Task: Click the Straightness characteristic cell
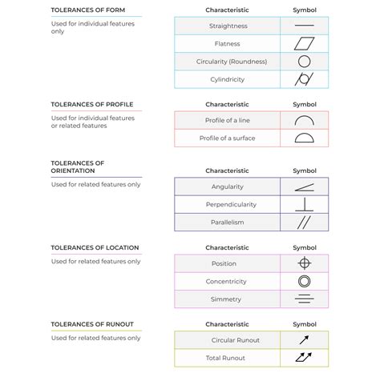click(x=227, y=26)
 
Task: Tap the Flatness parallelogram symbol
click(x=304, y=44)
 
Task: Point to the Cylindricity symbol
click(x=304, y=79)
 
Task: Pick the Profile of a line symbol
click(x=304, y=120)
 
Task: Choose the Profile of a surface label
click(x=227, y=138)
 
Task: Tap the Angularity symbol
click(x=304, y=186)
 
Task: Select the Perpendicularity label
click(x=227, y=204)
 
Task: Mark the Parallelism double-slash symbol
click(x=304, y=222)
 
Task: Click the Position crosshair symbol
click(x=304, y=263)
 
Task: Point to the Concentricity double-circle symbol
click(x=304, y=281)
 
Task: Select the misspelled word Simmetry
click(x=227, y=299)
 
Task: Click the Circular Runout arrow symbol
click(x=304, y=339)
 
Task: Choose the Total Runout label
click(x=227, y=357)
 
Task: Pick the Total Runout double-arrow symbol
click(x=304, y=357)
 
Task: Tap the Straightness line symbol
click(x=304, y=26)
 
